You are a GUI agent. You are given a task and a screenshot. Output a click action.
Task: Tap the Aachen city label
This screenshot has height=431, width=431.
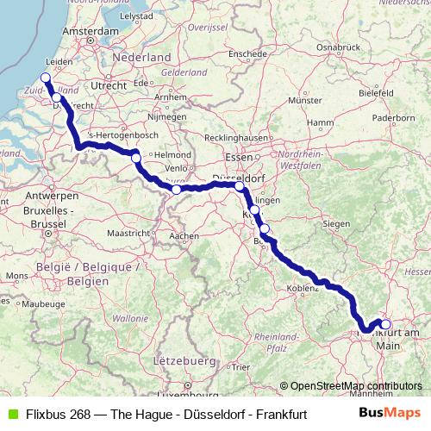[184, 235]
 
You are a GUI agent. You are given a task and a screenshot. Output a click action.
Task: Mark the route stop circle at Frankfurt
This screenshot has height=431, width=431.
[385, 325]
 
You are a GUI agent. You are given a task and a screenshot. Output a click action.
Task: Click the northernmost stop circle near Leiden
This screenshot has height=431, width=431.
[46, 77]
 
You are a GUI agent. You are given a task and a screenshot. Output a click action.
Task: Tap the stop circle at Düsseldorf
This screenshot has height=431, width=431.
[240, 185]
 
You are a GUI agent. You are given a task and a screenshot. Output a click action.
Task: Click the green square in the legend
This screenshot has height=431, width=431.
[11, 414]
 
